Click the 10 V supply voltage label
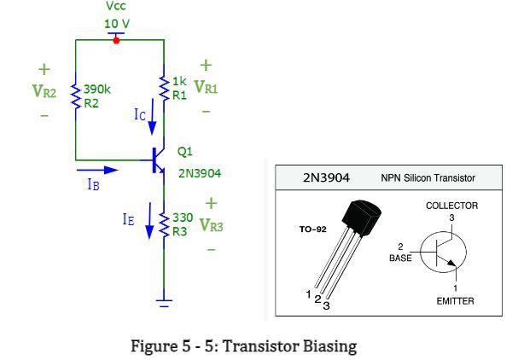[x=118, y=23]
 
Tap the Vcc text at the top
[x=116, y=7]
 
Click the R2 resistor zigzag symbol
[x=76, y=96]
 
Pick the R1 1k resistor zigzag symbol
[x=163, y=87]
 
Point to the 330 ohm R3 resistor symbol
[x=164, y=225]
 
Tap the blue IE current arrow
[x=151, y=224]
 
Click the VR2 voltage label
[x=44, y=90]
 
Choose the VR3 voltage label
[x=211, y=226]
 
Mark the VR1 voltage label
[x=206, y=87]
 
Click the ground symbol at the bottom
[x=163, y=300]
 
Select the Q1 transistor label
[x=184, y=152]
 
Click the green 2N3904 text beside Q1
[x=200, y=173]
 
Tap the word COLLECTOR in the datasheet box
[x=451, y=206]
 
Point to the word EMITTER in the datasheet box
[x=455, y=300]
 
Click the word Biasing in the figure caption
[x=329, y=346]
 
